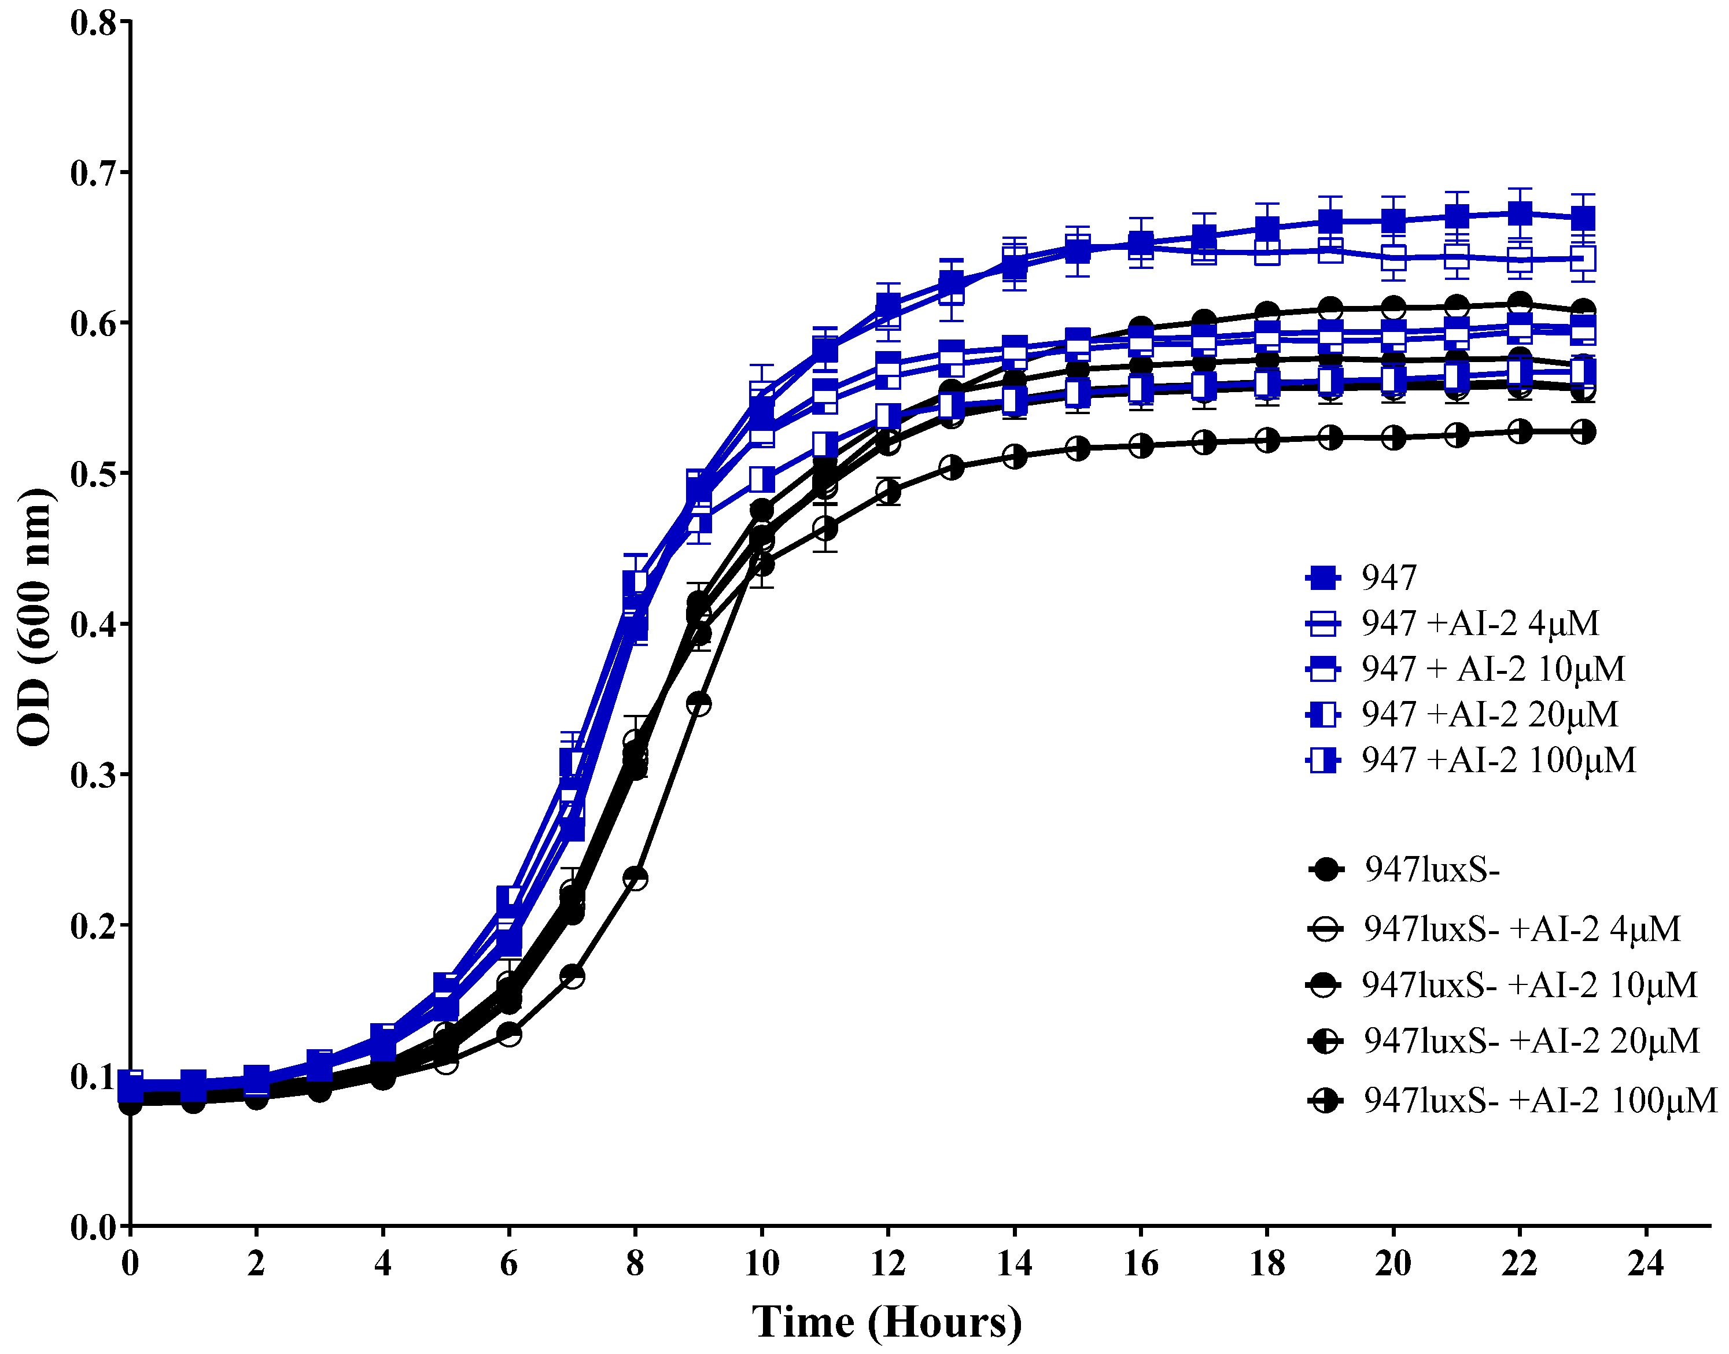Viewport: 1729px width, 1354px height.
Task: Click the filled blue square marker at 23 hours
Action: [x=1582, y=218]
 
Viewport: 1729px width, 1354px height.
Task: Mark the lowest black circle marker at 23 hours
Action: [x=1582, y=432]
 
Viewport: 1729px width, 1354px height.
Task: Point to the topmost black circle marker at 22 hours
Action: [x=1520, y=304]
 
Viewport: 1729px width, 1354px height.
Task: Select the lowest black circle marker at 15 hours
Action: [x=1077, y=449]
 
